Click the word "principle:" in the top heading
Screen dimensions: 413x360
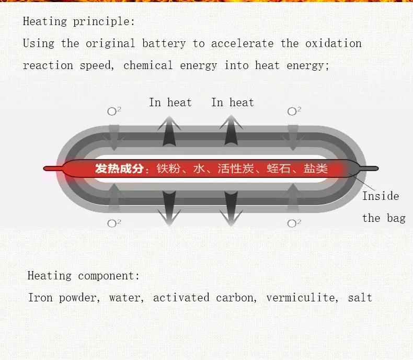point(104,21)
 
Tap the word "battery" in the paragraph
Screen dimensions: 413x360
point(164,43)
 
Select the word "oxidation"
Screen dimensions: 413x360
point(333,43)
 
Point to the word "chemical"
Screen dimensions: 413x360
point(148,65)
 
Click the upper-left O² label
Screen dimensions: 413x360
point(114,111)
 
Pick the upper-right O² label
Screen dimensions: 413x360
point(294,111)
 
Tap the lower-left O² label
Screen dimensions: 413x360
point(114,223)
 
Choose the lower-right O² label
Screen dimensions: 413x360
point(294,223)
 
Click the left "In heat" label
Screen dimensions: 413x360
point(170,103)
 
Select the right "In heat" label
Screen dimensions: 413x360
point(233,103)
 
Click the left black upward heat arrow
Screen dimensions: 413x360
point(169,131)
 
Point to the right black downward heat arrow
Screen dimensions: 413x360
point(231,208)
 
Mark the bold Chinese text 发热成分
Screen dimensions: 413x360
point(119,168)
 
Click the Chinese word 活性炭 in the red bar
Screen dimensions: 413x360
point(236,168)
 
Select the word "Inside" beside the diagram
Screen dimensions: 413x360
point(381,196)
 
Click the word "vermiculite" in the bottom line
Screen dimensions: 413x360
point(301,298)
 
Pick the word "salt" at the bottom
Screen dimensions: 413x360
point(360,298)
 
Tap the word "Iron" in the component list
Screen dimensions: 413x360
point(40,298)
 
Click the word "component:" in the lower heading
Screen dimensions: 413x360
point(109,276)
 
